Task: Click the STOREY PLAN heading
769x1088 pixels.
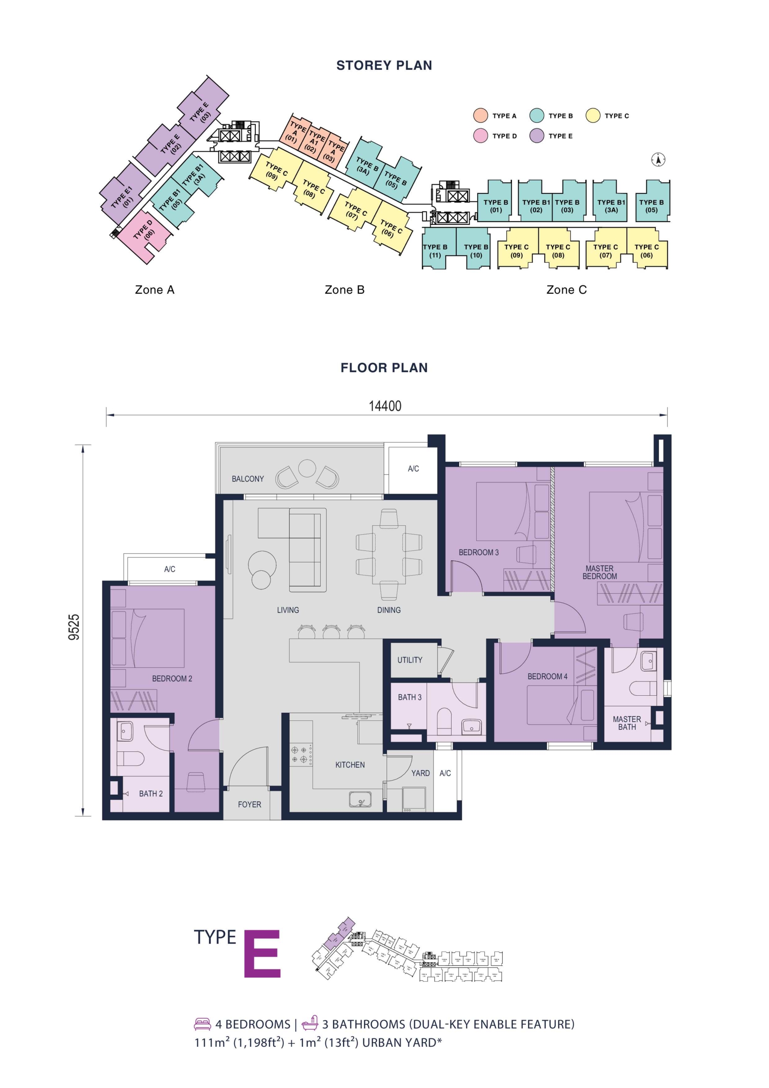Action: pyautogui.click(x=384, y=65)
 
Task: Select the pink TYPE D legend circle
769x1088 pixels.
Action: pyautogui.click(x=481, y=136)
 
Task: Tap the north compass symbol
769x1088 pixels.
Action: pyautogui.click(x=658, y=160)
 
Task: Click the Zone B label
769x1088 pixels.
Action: pyautogui.click(x=345, y=289)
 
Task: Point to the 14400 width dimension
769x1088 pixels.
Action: pyautogui.click(x=385, y=406)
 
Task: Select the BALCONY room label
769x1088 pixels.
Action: pyautogui.click(x=247, y=479)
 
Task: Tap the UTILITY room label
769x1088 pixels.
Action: pyautogui.click(x=410, y=660)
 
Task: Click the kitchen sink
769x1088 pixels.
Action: pyautogui.click(x=360, y=799)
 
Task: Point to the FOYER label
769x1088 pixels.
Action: pyautogui.click(x=249, y=804)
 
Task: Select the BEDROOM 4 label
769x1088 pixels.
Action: pyautogui.click(x=547, y=676)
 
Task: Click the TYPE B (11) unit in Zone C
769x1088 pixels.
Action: pyautogui.click(x=435, y=251)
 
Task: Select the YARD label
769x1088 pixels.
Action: pyautogui.click(x=420, y=773)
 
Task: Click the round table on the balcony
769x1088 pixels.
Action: pyautogui.click(x=307, y=468)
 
